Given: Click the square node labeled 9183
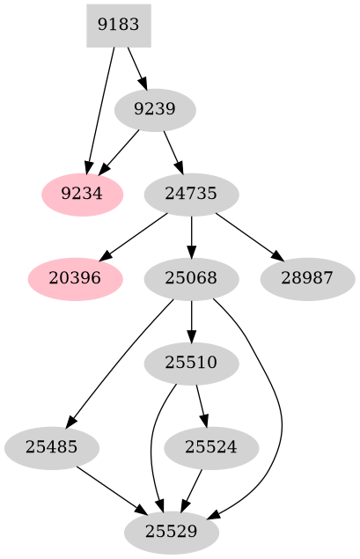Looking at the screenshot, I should [x=119, y=26].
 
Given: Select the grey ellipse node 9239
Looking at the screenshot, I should [x=155, y=110].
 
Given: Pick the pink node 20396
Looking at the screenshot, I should [x=74, y=278].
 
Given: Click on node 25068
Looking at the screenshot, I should [x=191, y=278].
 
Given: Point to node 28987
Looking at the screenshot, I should [x=308, y=278].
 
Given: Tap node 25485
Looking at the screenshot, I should [x=51, y=447].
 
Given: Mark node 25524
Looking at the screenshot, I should [x=211, y=447].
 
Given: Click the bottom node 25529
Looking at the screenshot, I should [x=172, y=531].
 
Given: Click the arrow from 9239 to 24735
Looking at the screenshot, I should [x=173, y=151].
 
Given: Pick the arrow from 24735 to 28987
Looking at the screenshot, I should [x=249, y=236].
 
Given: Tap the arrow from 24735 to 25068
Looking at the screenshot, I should [x=191, y=236].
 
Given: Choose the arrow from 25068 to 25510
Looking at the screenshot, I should [x=191, y=320].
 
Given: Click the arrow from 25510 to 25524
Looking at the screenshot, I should [x=202, y=405].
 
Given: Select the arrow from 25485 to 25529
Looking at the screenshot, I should [x=110, y=489].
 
